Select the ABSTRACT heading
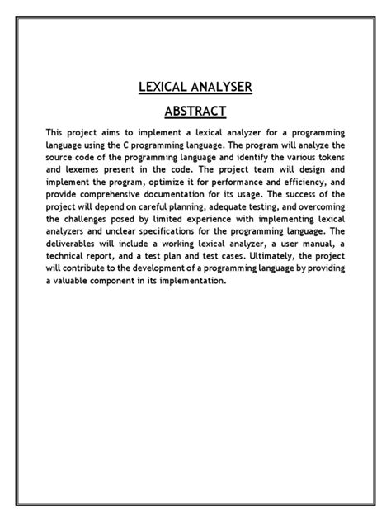pyautogui.click(x=195, y=111)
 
